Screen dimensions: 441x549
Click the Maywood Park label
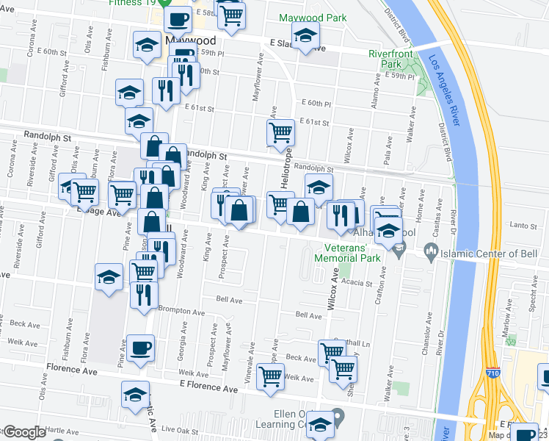[x=308, y=17]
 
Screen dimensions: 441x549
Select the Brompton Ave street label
[x=170, y=310]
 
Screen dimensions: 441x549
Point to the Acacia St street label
[x=357, y=283]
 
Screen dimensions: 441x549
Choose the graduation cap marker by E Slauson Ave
[x=305, y=34]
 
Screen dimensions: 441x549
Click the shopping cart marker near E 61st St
[x=280, y=133]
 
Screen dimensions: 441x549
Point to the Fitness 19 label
[x=131, y=3]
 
